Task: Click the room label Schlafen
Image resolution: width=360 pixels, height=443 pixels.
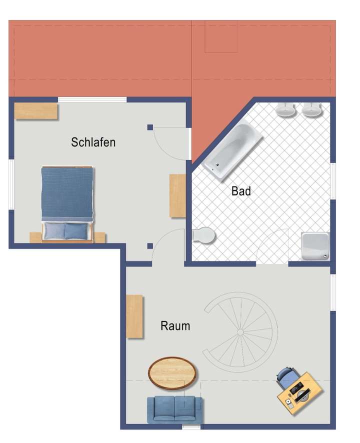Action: point(93,142)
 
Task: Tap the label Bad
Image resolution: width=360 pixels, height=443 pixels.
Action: point(240,191)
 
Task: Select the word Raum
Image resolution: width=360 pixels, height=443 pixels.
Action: point(175,326)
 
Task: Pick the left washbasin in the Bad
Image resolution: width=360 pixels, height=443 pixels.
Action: point(286,109)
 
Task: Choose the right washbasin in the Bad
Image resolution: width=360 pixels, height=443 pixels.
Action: point(311,109)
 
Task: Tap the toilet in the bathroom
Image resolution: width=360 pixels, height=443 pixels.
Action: point(204,234)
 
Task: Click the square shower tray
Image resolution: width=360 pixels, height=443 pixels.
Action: point(315,246)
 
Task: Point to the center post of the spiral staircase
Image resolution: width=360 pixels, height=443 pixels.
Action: point(240,331)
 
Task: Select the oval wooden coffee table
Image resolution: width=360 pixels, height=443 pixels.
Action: point(172,372)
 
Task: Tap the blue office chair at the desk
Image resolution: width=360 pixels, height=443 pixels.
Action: point(285,377)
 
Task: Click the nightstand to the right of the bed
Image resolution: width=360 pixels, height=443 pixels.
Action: point(100,237)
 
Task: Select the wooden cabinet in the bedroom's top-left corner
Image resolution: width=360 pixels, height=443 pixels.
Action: point(36,111)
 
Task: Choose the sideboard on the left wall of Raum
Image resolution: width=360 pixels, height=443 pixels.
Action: point(134,316)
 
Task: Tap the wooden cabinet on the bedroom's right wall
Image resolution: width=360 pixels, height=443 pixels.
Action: point(177,195)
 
